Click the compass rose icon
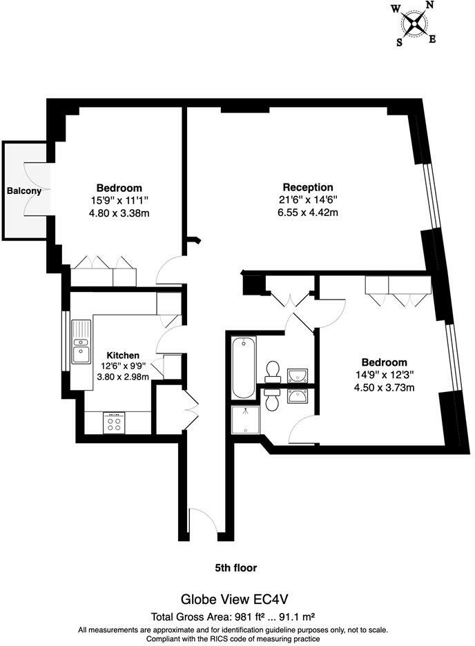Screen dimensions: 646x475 [x=414, y=24]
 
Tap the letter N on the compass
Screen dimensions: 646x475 [x=428, y=6]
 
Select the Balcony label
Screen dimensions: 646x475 [x=24, y=191]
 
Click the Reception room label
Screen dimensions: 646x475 [x=308, y=187]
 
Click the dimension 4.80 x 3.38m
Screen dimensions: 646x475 [x=119, y=213]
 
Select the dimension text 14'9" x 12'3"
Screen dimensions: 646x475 [x=383, y=375]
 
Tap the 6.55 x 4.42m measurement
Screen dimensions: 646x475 [x=308, y=213]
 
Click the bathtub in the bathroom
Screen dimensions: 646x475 [x=243, y=367]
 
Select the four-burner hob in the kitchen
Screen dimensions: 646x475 [x=113, y=422]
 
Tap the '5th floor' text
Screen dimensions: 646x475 [x=235, y=568]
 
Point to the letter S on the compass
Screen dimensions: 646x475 [x=399, y=42]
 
